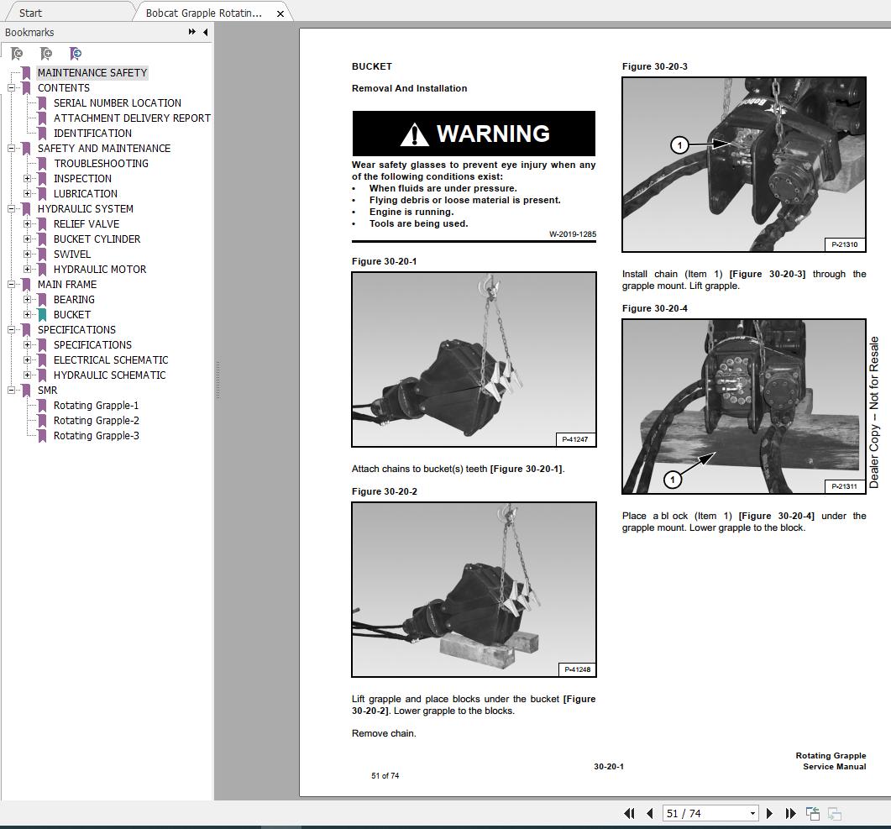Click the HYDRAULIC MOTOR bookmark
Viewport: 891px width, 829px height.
coord(99,270)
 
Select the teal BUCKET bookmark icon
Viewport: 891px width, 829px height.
coord(42,315)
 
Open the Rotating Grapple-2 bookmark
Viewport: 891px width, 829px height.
coord(96,421)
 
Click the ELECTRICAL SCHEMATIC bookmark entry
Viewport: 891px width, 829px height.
coord(110,360)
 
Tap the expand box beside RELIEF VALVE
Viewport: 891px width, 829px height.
coord(28,224)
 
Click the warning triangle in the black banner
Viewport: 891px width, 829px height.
coord(415,134)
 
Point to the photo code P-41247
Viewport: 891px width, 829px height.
coord(575,439)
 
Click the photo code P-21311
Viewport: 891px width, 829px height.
coord(845,486)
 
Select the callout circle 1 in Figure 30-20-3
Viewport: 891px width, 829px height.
coord(679,145)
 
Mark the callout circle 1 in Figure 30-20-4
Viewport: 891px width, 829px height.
coord(672,479)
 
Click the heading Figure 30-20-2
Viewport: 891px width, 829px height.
coord(384,491)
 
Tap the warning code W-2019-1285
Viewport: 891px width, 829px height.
coord(572,234)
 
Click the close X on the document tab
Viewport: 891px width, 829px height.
coord(280,13)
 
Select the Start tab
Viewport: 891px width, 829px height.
coord(31,13)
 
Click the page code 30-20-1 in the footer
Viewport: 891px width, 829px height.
coord(608,766)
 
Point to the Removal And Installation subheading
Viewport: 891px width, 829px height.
coord(409,88)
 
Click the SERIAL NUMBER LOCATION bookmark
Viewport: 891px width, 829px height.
coord(117,103)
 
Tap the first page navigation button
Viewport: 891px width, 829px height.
coord(629,813)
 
